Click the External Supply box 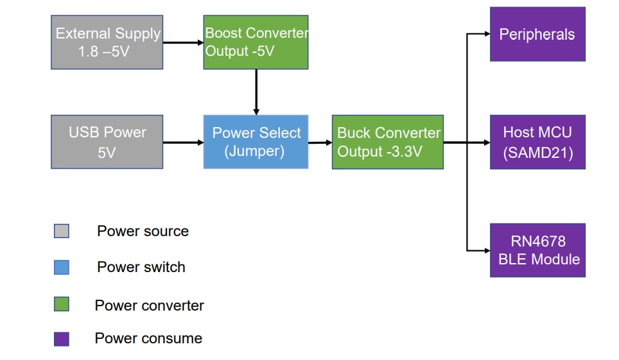107,42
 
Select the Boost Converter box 256,42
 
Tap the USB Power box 107,142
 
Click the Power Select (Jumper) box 256,142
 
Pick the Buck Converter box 387,142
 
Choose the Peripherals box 537,34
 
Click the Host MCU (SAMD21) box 537,142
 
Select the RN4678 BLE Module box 537,250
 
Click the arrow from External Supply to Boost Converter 183,43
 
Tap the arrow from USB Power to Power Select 183,142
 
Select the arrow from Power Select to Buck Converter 320,142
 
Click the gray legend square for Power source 62,231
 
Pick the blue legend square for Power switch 62,267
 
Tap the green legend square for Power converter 62,304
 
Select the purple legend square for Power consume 62,339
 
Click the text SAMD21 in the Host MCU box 537,151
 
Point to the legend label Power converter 149,305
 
